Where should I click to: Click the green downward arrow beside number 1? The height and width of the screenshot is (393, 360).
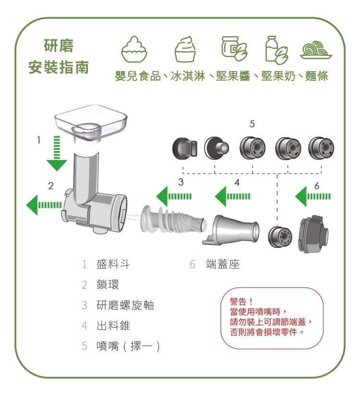(57, 153)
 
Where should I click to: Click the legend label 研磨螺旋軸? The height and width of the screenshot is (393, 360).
(125, 305)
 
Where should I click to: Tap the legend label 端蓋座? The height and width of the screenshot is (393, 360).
(222, 264)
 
